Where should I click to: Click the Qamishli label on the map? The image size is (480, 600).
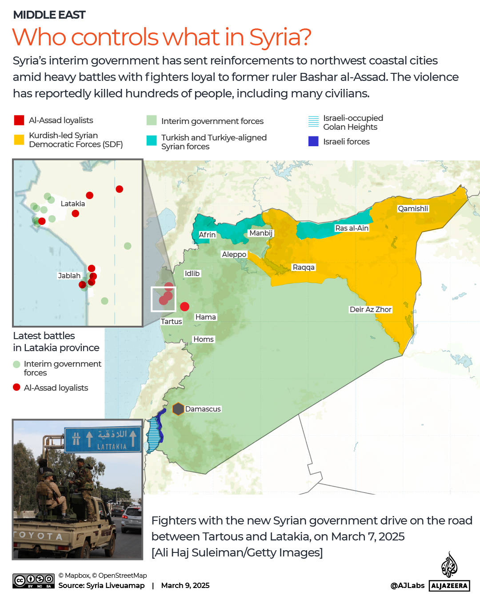pyautogui.click(x=413, y=208)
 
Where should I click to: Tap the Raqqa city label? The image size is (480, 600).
pyautogui.click(x=304, y=267)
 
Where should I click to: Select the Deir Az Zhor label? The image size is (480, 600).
pyautogui.click(x=371, y=309)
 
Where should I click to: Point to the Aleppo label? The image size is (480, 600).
pyautogui.click(x=234, y=254)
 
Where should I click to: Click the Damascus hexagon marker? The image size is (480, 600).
pyautogui.click(x=178, y=409)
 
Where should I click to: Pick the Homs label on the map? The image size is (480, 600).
pyautogui.click(x=204, y=339)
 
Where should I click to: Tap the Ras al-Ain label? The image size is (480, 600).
pyautogui.click(x=352, y=228)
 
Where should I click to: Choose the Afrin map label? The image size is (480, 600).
pyautogui.click(x=207, y=235)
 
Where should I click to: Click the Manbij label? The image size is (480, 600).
pyautogui.click(x=261, y=233)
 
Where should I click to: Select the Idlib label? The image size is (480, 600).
pyautogui.click(x=192, y=273)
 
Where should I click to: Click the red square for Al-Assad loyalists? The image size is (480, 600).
pyautogui.click(x=19, y=120)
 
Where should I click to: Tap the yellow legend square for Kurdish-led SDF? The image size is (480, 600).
pyautogui.click(x=19, y=140)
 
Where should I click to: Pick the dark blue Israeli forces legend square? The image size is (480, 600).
pyautogui.click(x=313, y=141)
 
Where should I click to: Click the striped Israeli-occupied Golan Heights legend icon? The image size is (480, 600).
pyautogui.click(x=313, y=121)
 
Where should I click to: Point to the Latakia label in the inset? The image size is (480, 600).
pyautogui.click(x=73, y=204)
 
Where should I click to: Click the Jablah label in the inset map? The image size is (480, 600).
pyautogui.click(x=69, y=276)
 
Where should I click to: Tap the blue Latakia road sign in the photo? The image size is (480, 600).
pyautogui.click(x=103, y=439)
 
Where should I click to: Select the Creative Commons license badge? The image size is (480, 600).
pyautogui.click(x=33, y=580)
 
